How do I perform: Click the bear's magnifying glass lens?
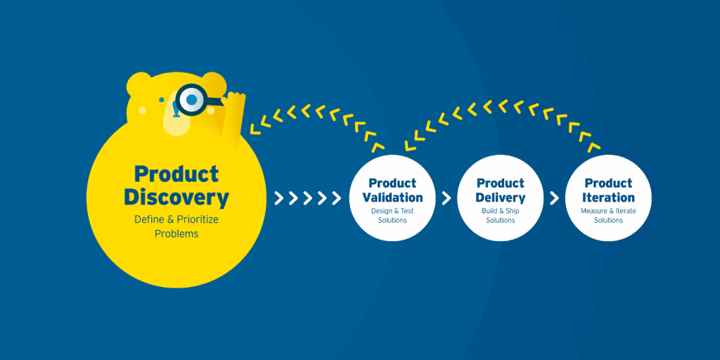(x=191, y=100)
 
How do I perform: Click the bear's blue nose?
(x=173, y=110)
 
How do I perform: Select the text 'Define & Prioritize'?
(x=176, y=219)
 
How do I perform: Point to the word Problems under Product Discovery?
(x=176, y=233)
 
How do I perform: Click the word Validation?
(x=392, y=198)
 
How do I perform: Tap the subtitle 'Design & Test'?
(x=392, y=211)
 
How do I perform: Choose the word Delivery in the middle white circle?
(x=501, y=198)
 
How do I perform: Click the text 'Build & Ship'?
(x=501, y=211)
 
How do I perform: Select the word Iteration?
(x=608, y=198)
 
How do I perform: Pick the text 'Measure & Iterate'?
(x=608, y=211)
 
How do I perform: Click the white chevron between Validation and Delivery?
(x=446, y=198)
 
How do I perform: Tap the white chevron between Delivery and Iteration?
(x=554, y=198)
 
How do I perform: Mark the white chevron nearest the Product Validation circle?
(x=338, y=198)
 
